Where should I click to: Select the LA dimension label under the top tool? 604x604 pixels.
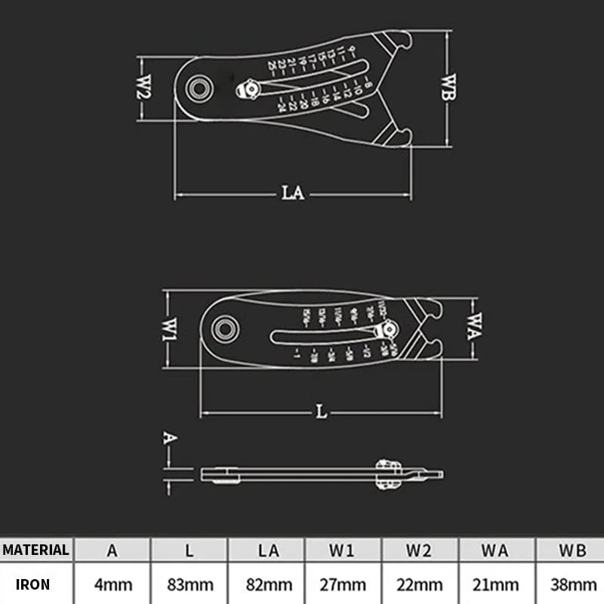pyautogui.click(x=293, y=193)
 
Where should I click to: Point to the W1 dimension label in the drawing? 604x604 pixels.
pyautogui.click(x=171, y=329)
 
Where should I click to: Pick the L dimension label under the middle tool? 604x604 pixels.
pyautogui.click(x=322, y=412)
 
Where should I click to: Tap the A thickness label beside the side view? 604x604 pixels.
pyautogui.click(x=170, y=438)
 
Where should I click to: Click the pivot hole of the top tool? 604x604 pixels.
pyautogui.click(x=200, y=88)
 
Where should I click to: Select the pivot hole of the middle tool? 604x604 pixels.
pyautogui.click(x=223, y=328)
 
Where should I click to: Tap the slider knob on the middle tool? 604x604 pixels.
pyautogui.click(x=390, y=329)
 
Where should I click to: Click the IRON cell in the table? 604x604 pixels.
pyautogui.click(x=33, y=584)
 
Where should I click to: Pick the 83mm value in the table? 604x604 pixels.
pyautogui.click(x=189, y=584)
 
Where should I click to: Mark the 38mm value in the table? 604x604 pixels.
pyautogui.click(x=573, y=584)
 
